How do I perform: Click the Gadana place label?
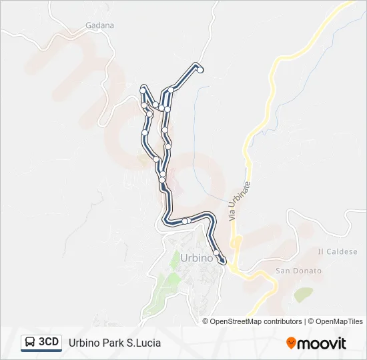(100, 25)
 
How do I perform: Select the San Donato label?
(298, 271)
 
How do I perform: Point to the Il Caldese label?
(338, 251)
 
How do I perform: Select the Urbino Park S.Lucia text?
(115, 343)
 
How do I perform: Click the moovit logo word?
(322, 343)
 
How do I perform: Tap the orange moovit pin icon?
(291, 343)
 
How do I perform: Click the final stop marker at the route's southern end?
(222, 260)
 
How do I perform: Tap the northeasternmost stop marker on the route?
(200, 69)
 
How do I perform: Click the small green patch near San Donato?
(304, 294)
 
